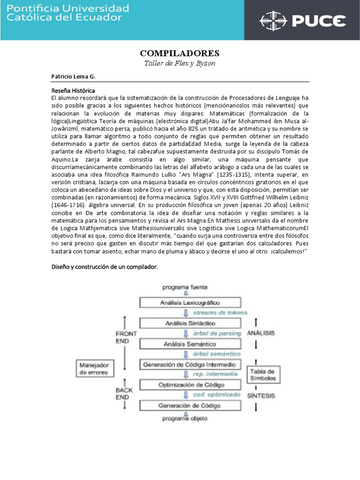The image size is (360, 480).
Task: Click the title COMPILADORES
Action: pyautogui.click(x=180, y=52)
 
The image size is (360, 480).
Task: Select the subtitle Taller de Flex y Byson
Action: pyautogui.click(x=180, y=63)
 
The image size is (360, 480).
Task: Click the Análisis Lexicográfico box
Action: pyautogui.click(x=190, y=303)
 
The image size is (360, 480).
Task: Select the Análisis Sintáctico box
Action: pyautogui.click(x=190, y=323)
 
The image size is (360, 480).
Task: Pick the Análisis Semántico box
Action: pyautogui.click(x=190, y=344)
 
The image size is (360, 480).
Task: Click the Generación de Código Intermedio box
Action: pyautogui.click(x=190, y=364)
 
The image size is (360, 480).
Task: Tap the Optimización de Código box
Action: pyautogui.click(x=190, y=384)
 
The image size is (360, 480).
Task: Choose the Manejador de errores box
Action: pyautogui.click(x=94, y=368)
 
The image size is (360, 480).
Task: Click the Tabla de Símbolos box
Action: pyautogui.click(x=262, y=374)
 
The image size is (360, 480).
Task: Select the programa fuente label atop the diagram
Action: pyautogui.click(x=185, y=287)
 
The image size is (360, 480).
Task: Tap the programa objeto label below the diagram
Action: pyautogui.click(x=185, y=418)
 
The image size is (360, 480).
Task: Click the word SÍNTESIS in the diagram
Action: pyautogui.click(x=261, y=395)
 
